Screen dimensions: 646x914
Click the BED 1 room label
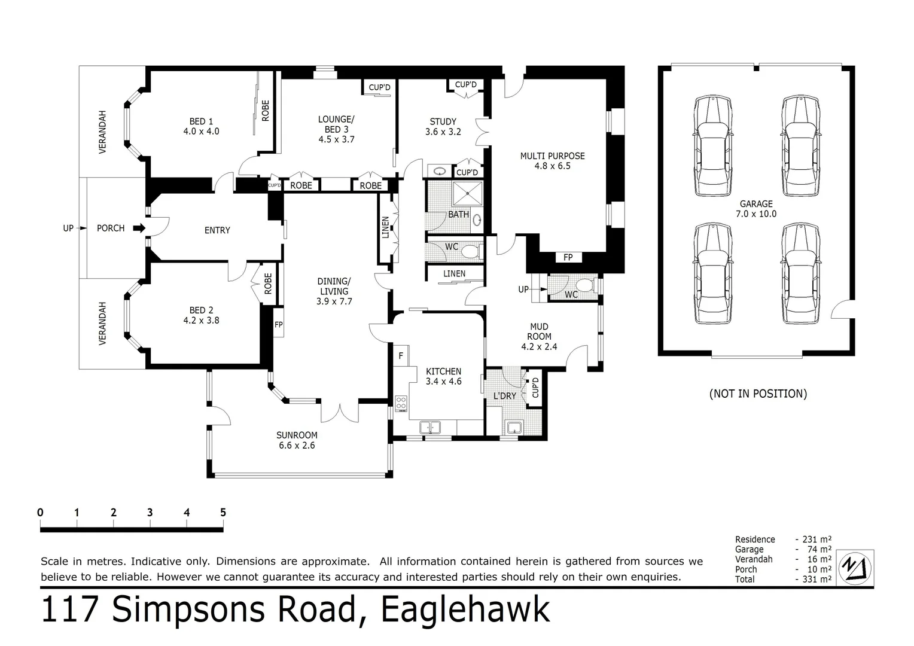(201, 126)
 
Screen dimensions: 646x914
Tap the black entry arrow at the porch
(138, 228)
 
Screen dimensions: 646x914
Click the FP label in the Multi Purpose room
(568, 257)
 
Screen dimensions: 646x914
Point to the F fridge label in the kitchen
(401, 356)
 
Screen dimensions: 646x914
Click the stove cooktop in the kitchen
(401, 404)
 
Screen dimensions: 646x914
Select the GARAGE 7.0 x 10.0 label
(756, 209)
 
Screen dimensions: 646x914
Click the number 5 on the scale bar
(223, 513)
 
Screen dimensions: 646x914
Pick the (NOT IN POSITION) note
(758, 394)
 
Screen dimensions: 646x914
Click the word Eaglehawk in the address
(465, 611)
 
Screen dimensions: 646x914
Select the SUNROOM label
(297, 440)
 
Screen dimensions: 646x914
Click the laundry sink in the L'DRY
(514, 427)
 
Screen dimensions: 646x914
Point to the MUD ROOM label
(539, 336)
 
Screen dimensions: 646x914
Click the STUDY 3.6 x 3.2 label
(443, 126)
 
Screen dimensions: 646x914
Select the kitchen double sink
(429, 427)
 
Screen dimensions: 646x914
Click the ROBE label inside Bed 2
(268, 283)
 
